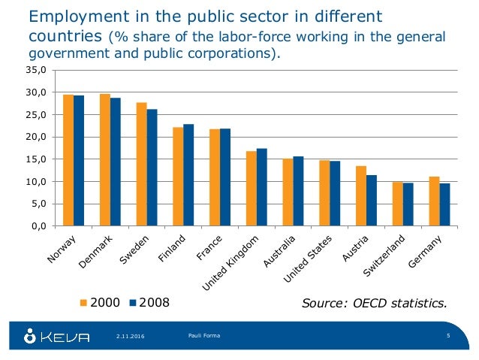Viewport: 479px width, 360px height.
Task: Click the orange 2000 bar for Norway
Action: (68, 160)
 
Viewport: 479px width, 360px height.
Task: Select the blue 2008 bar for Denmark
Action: (116, 162)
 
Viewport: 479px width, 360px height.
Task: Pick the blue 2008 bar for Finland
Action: (188, 174)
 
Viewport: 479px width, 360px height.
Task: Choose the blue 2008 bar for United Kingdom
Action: (261, 187)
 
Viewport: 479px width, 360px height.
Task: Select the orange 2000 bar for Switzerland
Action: (397, 204)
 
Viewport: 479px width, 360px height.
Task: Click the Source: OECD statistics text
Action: (374, 304)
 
